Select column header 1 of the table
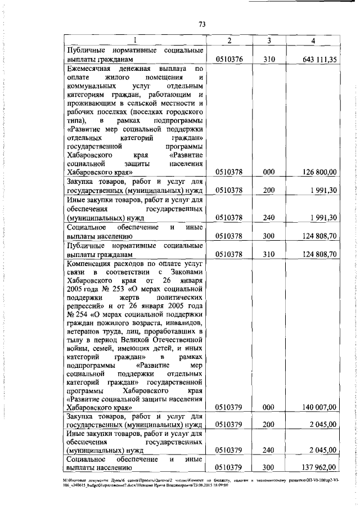[135, 40]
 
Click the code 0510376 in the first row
[229, 60]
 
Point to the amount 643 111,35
[318, 60]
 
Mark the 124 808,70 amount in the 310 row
[319, 254]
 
